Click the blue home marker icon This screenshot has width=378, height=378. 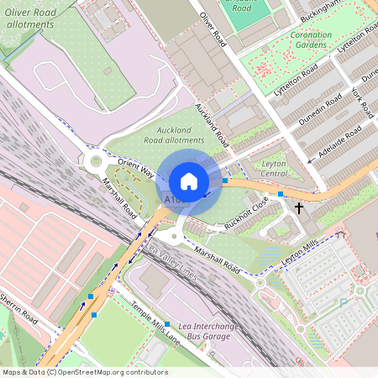click(x=189, y=181)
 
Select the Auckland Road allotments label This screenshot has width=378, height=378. click(x=174, y=135)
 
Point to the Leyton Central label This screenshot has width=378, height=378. click(x=275, y=168)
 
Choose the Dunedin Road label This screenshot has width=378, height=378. click(x=322, y=110)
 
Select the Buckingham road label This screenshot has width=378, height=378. click(x=344, y=10)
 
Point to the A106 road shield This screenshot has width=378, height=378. click(x=174, y=200)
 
